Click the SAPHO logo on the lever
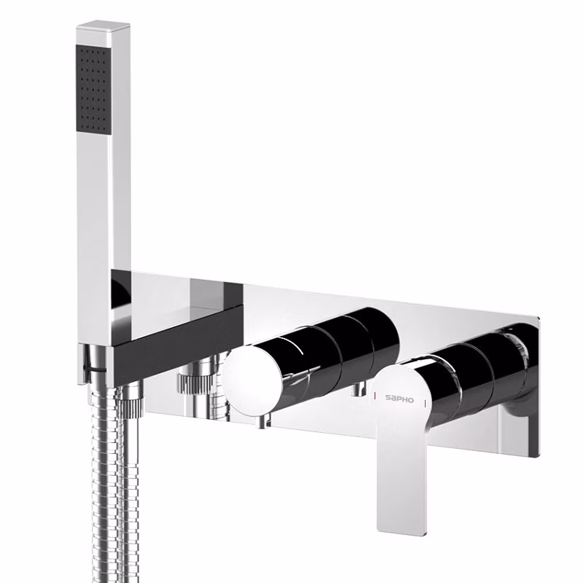(x=399, y=399)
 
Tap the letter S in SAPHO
(x=388, y=399)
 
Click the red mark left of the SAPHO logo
(x=375, y=396)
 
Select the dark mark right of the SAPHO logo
(x=425, y=403)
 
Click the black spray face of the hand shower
(x=95, y=88)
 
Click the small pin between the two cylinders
(x=358, y=389)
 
